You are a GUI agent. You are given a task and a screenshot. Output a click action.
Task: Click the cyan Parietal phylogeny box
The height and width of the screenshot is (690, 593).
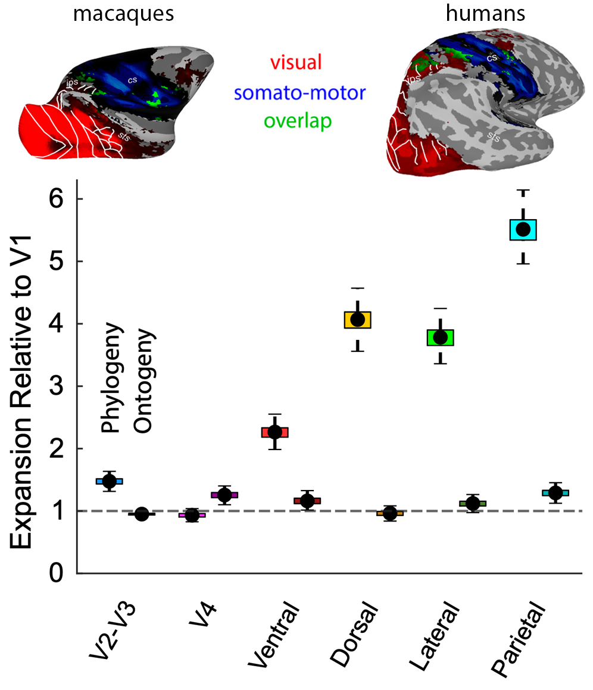523,229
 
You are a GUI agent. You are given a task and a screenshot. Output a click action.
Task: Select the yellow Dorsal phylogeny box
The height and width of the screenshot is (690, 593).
357,320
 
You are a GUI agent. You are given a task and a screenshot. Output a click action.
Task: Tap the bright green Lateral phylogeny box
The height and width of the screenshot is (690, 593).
441,337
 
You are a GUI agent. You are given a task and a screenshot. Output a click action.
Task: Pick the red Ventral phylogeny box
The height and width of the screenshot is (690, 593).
275,432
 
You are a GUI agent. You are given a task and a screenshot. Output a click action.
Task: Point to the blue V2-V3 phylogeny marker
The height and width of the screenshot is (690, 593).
110,480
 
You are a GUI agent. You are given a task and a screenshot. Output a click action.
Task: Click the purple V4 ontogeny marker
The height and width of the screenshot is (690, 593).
224,495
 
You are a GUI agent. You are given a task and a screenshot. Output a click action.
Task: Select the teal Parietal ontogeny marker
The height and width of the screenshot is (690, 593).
555,492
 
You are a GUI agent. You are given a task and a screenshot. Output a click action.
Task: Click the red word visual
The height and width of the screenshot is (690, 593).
296,63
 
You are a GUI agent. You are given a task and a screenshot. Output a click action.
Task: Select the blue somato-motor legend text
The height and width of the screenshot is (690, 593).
299,92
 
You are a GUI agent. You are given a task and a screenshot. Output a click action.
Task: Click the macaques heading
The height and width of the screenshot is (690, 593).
123,14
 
